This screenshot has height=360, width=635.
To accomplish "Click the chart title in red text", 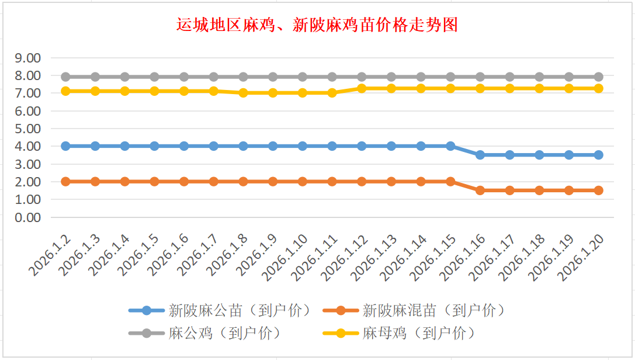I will tap(317, 25).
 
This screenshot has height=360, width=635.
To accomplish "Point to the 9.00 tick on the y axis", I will tap(28, 58).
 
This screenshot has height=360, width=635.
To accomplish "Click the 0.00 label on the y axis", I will tap(28, 217).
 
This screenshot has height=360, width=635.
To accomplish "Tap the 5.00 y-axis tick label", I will tap(28, 129).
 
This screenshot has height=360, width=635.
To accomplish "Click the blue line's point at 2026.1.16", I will tap(480, 155).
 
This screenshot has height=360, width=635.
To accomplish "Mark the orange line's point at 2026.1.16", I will tap(480, 191).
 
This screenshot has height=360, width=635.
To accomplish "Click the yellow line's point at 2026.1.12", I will tap(362, 88).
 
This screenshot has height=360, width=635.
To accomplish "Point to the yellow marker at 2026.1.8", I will tap(244, 93).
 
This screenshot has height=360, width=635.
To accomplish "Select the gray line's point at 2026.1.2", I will tap(66, 77).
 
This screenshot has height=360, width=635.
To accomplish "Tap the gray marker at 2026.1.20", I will tap(599, 77).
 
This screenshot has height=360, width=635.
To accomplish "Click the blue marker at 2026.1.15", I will tap(450, 146).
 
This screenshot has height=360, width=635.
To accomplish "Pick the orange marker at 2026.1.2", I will tap(66, 182).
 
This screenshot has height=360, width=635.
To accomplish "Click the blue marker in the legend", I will tap(146, 310).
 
